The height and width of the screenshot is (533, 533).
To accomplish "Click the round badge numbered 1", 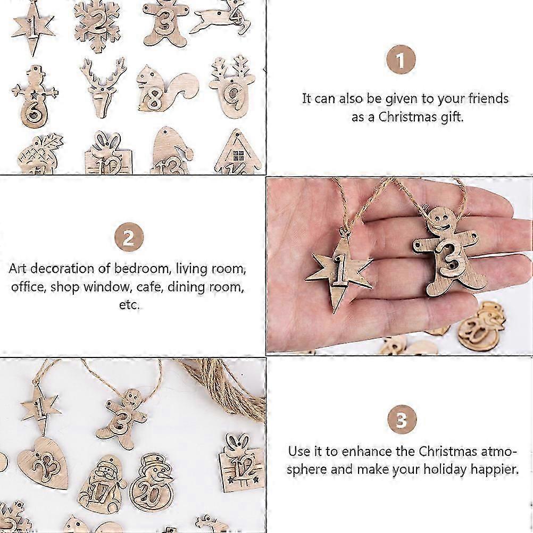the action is (401, 60).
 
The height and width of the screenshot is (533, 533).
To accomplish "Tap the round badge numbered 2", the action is (129, 237).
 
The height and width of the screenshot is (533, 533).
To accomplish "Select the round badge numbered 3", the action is (402, 420).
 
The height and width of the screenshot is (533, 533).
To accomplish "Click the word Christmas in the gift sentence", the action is (407, 117).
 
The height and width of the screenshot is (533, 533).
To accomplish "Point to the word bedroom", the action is (141, 269).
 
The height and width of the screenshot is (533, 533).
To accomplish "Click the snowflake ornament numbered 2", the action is (97, 27).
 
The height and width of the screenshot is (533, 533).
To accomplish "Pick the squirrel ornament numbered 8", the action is (165, 90).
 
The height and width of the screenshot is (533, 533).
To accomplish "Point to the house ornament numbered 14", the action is (239, 152).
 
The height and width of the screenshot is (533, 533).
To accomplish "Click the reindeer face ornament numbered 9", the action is (233, 88).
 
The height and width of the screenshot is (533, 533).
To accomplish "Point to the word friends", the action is (488, 98).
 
